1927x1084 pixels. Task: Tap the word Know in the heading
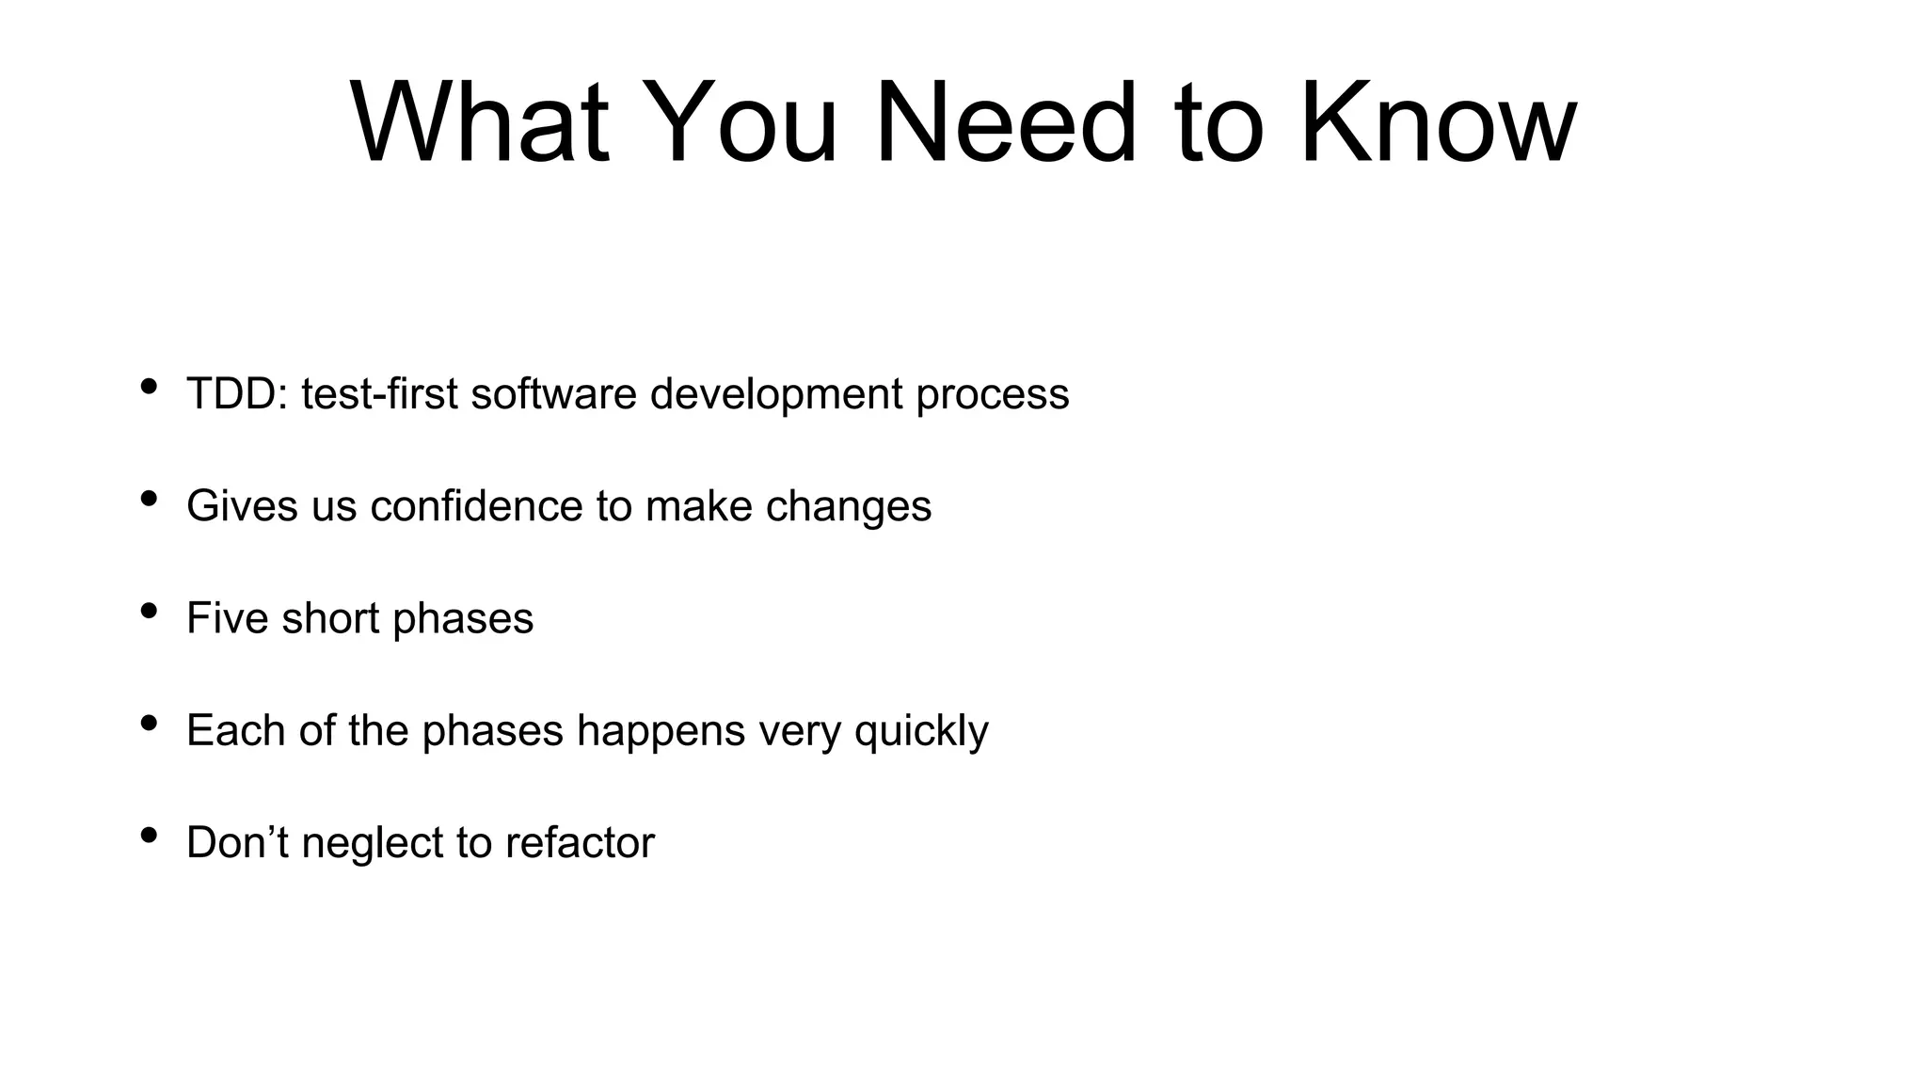coord(1437,123)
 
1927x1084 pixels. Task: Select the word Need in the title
coord(1005,123)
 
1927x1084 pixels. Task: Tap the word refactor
coord(579,842)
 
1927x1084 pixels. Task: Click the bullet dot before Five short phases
coord(148,611)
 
